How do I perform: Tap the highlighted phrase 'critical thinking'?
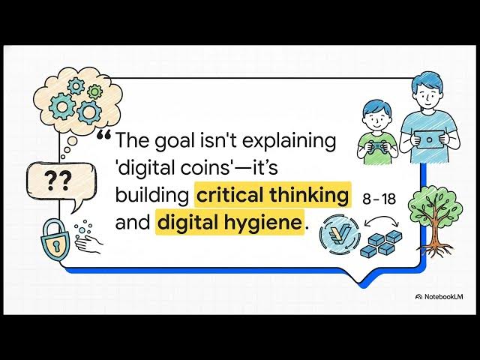coord(273,196)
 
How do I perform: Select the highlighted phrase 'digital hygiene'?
coord(231,223)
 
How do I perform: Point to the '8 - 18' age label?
coord(378,199)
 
